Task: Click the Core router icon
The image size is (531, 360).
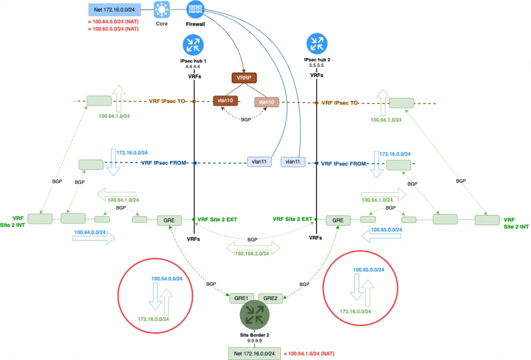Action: tap(162, 10)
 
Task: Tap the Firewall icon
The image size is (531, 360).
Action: tap(195, 10)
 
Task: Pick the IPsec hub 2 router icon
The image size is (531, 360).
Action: tap(316, 43)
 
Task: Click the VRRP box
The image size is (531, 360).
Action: tap(244, 78)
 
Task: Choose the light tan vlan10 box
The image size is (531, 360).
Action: tap(267, 101)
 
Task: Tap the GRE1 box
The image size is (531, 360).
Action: tap(242, 298)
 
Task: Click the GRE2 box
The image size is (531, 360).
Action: tap(270, 298)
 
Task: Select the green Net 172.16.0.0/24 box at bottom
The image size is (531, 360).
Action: tap(254, 354)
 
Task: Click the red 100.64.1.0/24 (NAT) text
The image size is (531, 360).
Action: tap(310, 354)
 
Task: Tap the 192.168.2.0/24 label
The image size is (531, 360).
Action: tap(253, 253)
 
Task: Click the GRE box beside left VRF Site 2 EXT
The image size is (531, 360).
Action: tap(169, 219)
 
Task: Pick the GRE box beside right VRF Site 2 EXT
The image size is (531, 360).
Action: tap(338, 219)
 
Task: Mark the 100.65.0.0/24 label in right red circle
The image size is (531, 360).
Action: tap(369, 270)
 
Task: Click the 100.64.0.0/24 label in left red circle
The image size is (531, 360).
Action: tap(167, 279)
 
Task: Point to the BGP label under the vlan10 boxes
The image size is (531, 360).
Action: tap(246, 120)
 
